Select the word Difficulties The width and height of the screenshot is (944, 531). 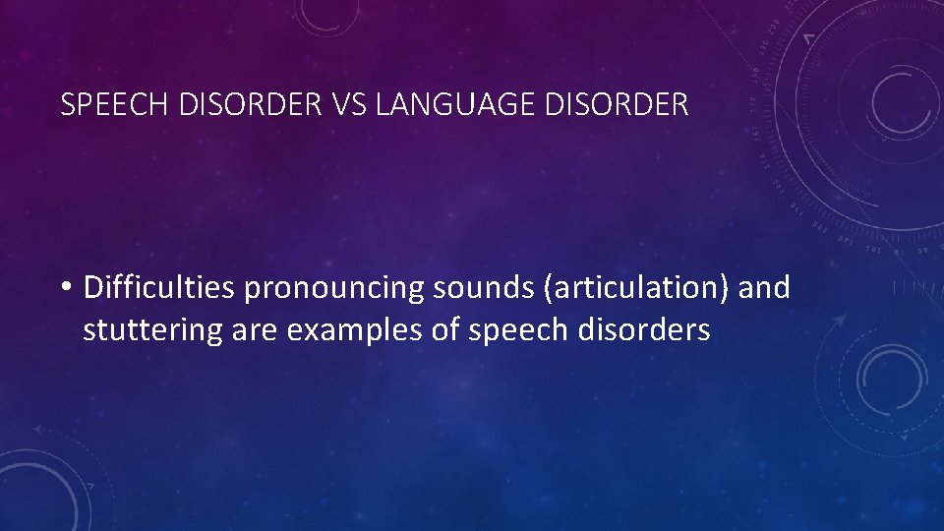tap(160, 288)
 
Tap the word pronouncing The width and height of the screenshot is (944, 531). tap(331, 288)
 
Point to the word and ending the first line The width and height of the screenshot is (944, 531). tap(763, 288)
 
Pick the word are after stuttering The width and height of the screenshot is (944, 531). tap(257, 330)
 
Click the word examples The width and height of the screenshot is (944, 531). tap(357, 330)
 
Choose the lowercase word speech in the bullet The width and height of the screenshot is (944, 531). tap(515, 330)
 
